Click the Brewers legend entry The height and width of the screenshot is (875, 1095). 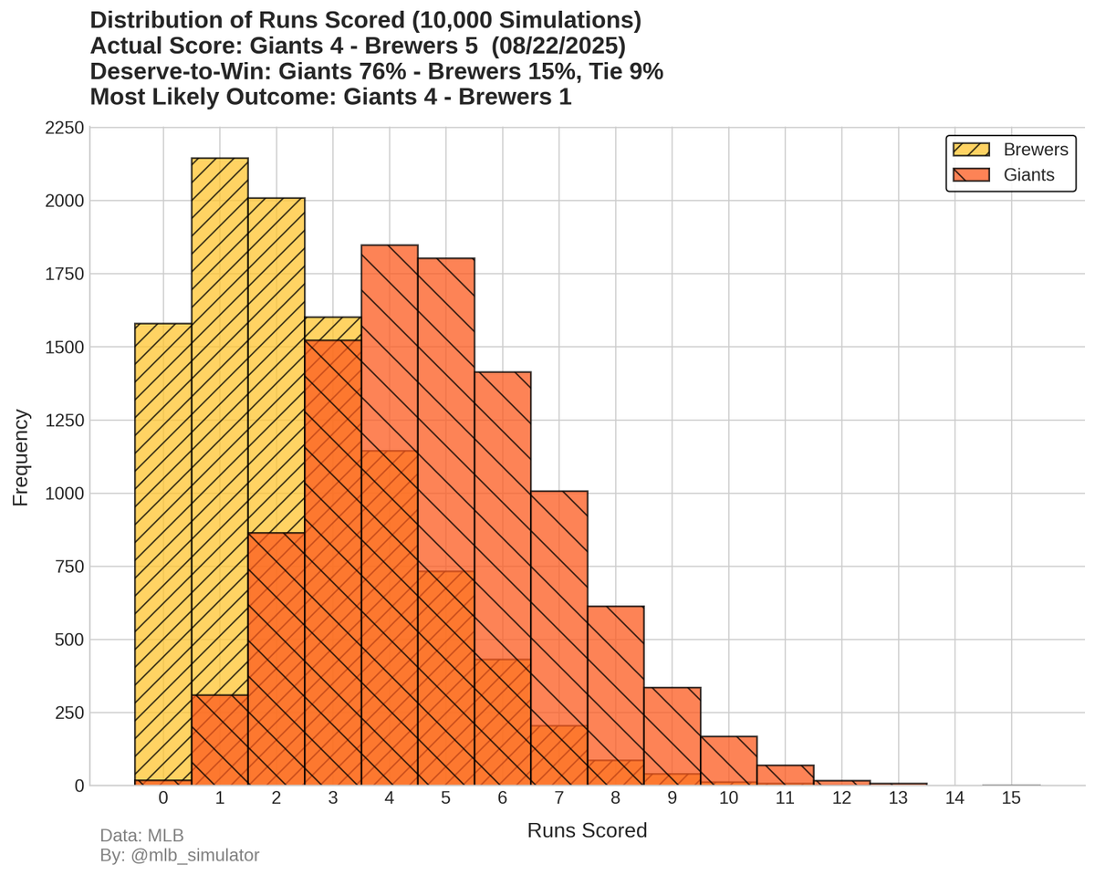click(x=1010, y=150)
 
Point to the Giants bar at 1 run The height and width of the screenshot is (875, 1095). click(x=220, y=739)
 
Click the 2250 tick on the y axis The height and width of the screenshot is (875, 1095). click(x=65, y=129)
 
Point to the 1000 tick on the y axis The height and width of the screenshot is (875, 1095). click(x=65, y=494)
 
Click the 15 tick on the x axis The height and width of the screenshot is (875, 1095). click(x=1011, y=799)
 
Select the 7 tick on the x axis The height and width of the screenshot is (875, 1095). click(x=559, y=799)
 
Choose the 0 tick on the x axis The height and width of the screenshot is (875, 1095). click(x=163, y=799)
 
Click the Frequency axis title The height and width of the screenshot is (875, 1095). click(x=21, y=457)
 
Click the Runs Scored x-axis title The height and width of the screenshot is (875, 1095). click(x=587, y=831)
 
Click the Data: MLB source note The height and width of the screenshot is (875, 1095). click(x=141, y=836)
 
